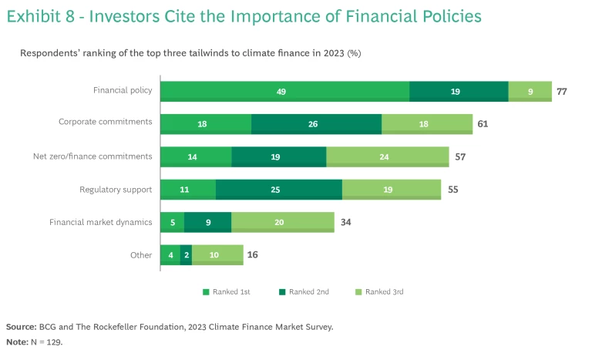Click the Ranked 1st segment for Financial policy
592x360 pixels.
click(284, 91)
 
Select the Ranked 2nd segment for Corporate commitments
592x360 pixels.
click(316, 124)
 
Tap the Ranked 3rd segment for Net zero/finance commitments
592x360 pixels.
click(387, 156)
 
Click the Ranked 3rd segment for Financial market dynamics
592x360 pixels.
click(282, 222)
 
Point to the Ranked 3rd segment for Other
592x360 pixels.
click(217, 255)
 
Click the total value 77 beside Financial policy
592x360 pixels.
click(562, 91)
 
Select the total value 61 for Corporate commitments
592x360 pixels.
click(483, 124)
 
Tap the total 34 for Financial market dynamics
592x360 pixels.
click(345, 222)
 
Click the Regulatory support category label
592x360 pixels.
click(116, 190)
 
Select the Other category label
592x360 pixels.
click(141, 255)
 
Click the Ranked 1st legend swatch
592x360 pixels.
click(206, 292)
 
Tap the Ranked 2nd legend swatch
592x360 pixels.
click(283, 292)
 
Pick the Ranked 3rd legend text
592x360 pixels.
click(384, 292)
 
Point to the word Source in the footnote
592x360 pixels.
click(20, 327)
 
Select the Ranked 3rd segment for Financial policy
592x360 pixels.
click(530, 91)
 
